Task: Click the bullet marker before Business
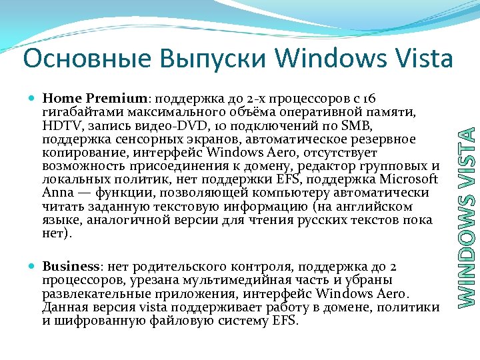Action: pos(33,265)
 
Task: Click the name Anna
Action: pos(55,193)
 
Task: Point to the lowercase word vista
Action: pos(153,307)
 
